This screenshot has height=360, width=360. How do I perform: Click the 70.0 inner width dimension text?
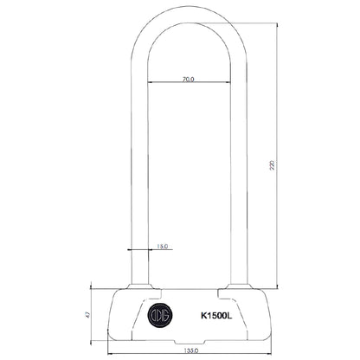tap(188, 79)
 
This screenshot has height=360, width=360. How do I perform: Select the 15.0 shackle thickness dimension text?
tap(162, 247)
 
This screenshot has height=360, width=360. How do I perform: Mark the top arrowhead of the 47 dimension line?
tap(93, 292)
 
